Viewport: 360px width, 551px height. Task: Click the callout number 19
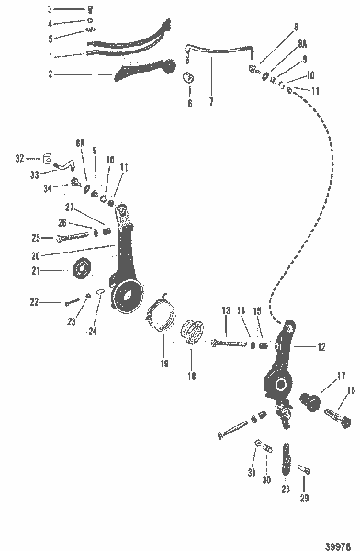[x=164, y=363]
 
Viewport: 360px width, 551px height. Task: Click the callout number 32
[x=20, y=158]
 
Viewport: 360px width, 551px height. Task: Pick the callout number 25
[x=36, y=237]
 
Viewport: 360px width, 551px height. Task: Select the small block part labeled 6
[x=191, y=76]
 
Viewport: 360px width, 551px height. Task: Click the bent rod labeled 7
[x=220, y=55]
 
